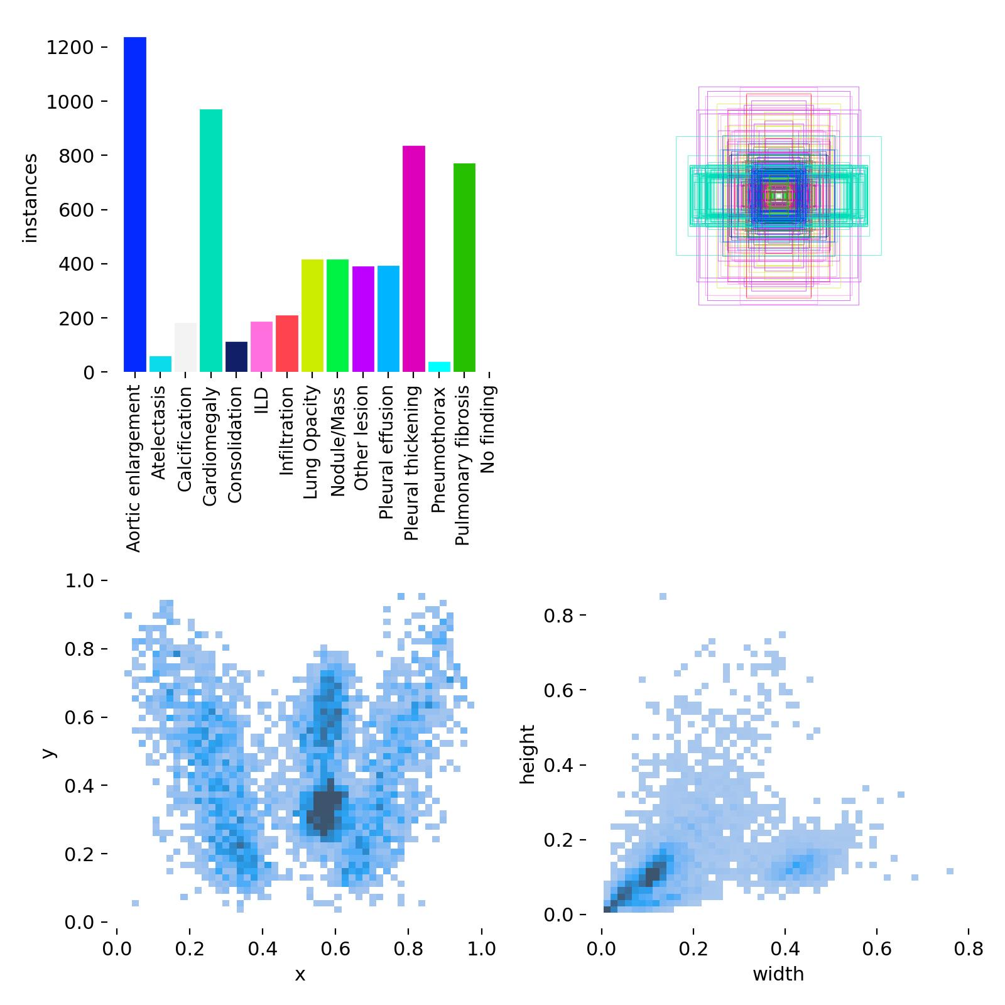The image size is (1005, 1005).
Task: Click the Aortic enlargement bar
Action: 134,204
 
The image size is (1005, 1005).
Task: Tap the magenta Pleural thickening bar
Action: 413,259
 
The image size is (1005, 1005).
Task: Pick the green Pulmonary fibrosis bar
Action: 464,268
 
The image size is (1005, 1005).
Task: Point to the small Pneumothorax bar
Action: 439,367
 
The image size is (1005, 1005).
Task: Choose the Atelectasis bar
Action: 160,364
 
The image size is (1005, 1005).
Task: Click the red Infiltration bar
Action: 286,344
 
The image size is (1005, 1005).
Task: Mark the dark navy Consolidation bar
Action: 236,357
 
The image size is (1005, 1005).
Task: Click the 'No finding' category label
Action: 489,429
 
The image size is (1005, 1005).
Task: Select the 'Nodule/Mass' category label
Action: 337,441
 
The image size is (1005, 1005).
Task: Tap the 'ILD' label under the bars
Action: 261,401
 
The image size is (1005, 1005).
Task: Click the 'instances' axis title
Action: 30,198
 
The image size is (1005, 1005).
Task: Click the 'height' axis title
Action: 528,754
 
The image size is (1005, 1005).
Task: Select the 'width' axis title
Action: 778,974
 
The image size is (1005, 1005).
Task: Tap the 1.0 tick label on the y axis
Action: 79,581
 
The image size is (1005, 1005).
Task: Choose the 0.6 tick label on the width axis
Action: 877,948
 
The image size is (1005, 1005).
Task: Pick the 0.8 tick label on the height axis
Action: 558,615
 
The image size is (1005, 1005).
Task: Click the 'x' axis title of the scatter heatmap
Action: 300,974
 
